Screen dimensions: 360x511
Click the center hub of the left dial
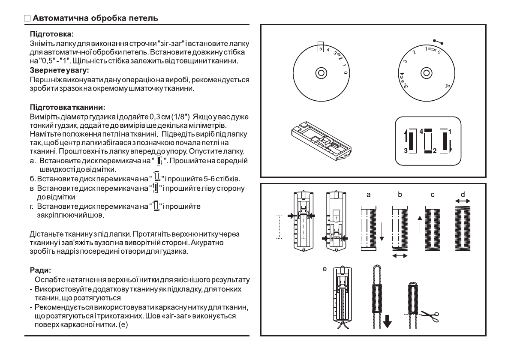[x=320, y=72]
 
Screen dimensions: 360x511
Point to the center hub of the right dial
[x=425, y=72]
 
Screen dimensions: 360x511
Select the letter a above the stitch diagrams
[x=368, y=195]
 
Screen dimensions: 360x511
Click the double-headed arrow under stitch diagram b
[x=399, y=255]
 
